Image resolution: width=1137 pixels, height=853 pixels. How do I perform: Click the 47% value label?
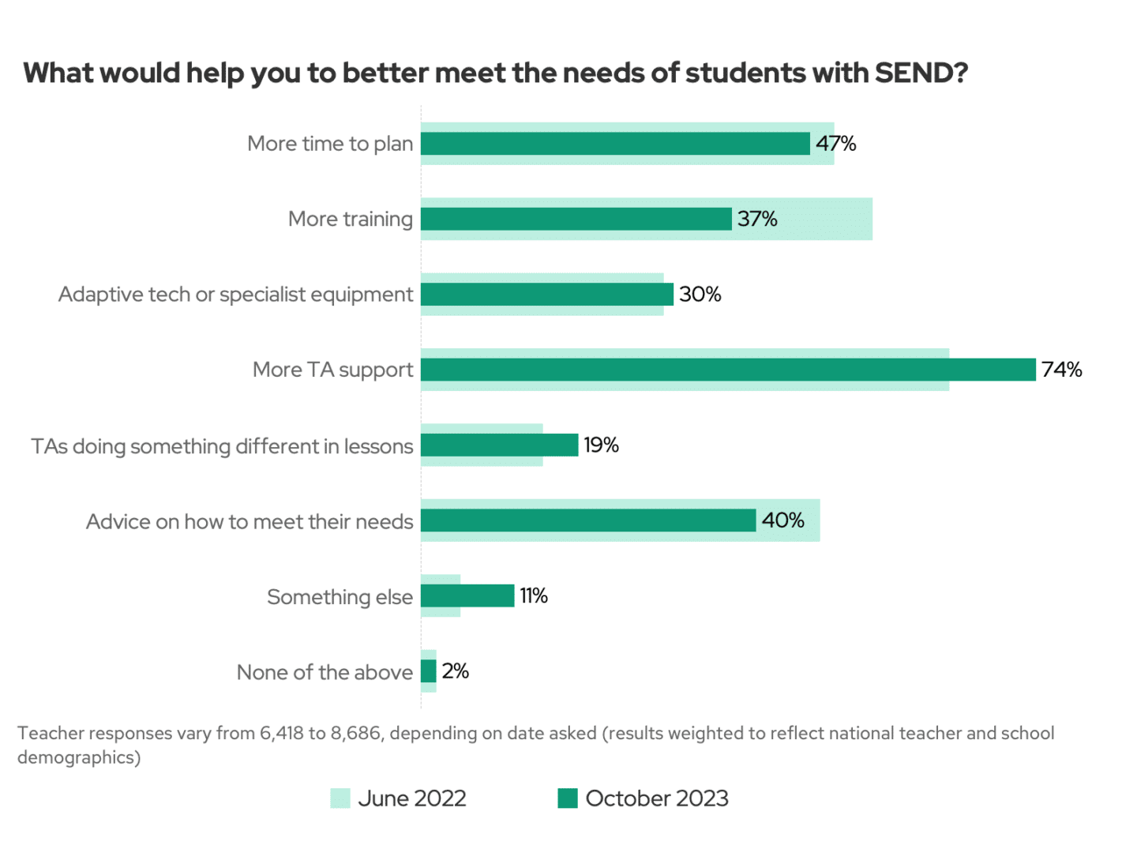click(835, 144)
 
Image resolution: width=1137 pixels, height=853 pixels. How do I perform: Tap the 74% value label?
click(1061, 370)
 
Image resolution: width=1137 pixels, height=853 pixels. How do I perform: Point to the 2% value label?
click(455, 671)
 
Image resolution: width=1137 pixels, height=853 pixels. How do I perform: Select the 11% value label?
click(533, 596)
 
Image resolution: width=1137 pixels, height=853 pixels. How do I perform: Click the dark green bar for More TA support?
click(727, 370)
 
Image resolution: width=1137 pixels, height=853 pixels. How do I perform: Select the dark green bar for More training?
click(576, 219)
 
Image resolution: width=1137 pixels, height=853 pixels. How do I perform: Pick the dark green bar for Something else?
click(467, 596)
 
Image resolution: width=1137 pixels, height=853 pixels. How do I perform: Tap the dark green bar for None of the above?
click(429, 671)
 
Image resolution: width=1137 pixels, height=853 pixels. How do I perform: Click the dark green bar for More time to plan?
click(615, 144)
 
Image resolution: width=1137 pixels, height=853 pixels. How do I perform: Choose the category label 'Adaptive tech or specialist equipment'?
click(235, 295)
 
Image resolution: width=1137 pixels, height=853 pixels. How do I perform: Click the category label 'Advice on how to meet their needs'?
click(250, 521)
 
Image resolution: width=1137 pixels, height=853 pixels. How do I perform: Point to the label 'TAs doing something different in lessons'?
click(222, 446)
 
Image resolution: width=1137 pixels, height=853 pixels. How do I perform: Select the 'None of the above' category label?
click(325, 672)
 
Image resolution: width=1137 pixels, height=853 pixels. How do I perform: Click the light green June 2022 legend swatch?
click(340, 799)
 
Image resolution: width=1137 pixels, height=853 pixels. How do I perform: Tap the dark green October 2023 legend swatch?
click(567, 799)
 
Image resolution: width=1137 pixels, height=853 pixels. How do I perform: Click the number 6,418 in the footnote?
click(282, 733)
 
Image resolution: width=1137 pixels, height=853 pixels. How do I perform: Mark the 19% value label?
click(601, 445)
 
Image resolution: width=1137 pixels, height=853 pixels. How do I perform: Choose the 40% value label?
click(782, 520)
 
